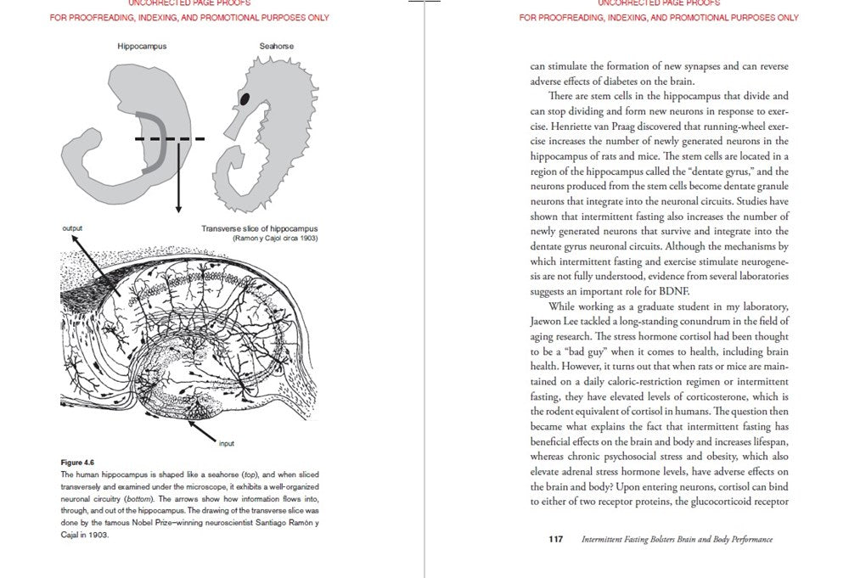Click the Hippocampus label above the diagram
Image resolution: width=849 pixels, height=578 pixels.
pyautogui.click(x=142, y=46)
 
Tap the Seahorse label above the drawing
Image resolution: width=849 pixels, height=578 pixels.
pyautogui.click(x=277, y=46)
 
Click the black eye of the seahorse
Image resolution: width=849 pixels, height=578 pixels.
pyautogui.click(x=245, y=98)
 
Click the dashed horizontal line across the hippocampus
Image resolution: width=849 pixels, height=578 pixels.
pyautogui.click(x=170, y=138)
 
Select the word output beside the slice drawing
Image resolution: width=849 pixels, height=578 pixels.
pyautogui.click(x=74, y=228)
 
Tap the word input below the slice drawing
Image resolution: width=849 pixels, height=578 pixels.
pyautogui.click(x=227, y=443)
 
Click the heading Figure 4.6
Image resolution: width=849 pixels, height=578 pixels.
pyautogui.click(x=78, y=462)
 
